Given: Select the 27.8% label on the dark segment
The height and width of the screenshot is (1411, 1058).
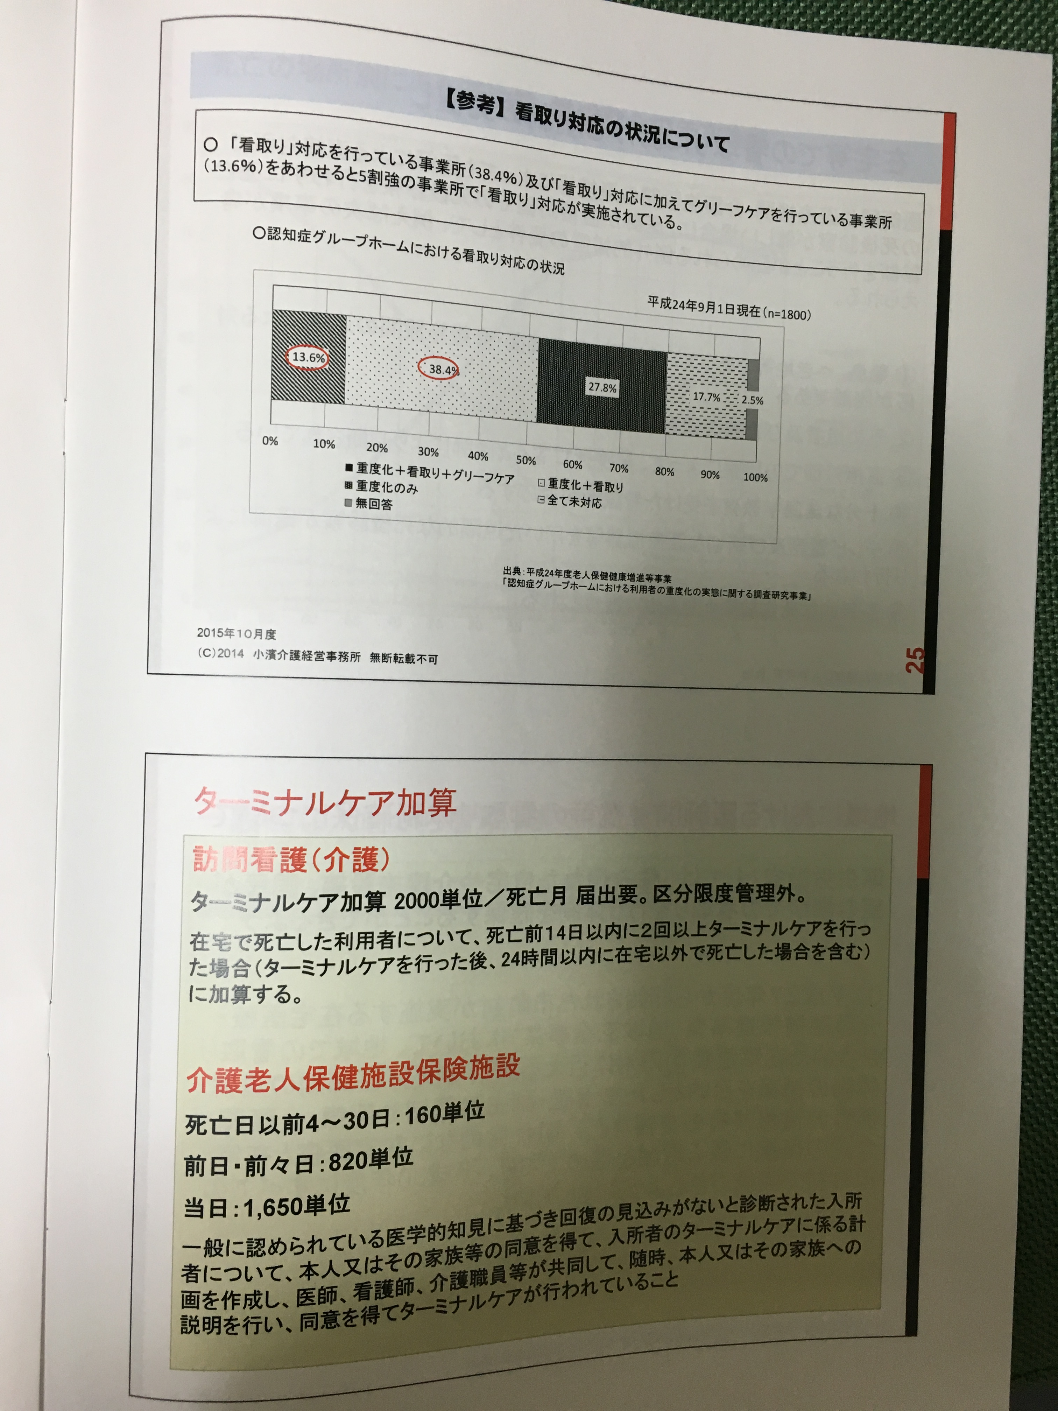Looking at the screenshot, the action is [602, 387].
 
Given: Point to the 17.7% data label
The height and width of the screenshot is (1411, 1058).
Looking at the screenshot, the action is [706, 397].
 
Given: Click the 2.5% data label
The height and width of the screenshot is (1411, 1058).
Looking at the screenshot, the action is [752, 401].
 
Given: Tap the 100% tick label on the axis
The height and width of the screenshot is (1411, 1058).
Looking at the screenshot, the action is [755, 477].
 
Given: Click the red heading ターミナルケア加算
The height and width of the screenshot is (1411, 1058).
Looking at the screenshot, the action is [325, 802].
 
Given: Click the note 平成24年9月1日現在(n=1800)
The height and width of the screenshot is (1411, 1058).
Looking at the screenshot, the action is [729, 308].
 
